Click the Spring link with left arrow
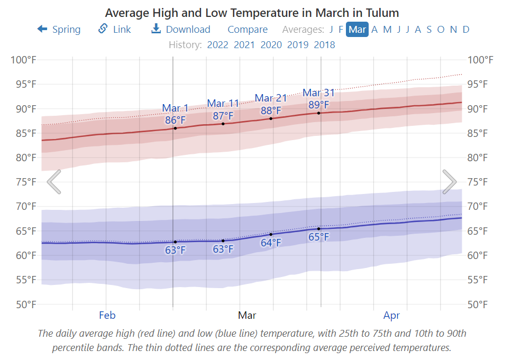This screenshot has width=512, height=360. (x=59, y=30)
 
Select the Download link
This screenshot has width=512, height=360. (x=181, y=30)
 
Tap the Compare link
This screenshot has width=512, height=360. (x=248, y=30)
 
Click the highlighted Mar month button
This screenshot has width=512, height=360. (x=357, y=30)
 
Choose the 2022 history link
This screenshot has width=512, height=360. (x=217, y=44)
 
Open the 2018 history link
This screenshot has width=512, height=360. (x=324, y=44)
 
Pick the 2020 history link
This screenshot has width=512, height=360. (x=271, y=44)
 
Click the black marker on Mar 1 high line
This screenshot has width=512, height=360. (x=175, y=128)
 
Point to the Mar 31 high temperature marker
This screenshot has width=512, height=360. (x=318, y=113)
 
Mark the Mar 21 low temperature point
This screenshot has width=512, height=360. (x=271, y=234)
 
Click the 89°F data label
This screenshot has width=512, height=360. (x=319, y=105)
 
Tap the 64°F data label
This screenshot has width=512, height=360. (x=271, y=243)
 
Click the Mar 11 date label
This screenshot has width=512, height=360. (x=223, y=103)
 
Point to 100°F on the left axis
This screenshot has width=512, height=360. (x=24, y=60)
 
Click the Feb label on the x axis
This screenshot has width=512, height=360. (x=107, y=316)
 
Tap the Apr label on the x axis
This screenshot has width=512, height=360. (x=391, y=316)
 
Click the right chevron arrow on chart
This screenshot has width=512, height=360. (x=449, y=182)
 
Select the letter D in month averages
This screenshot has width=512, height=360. (x=466, y=30)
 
